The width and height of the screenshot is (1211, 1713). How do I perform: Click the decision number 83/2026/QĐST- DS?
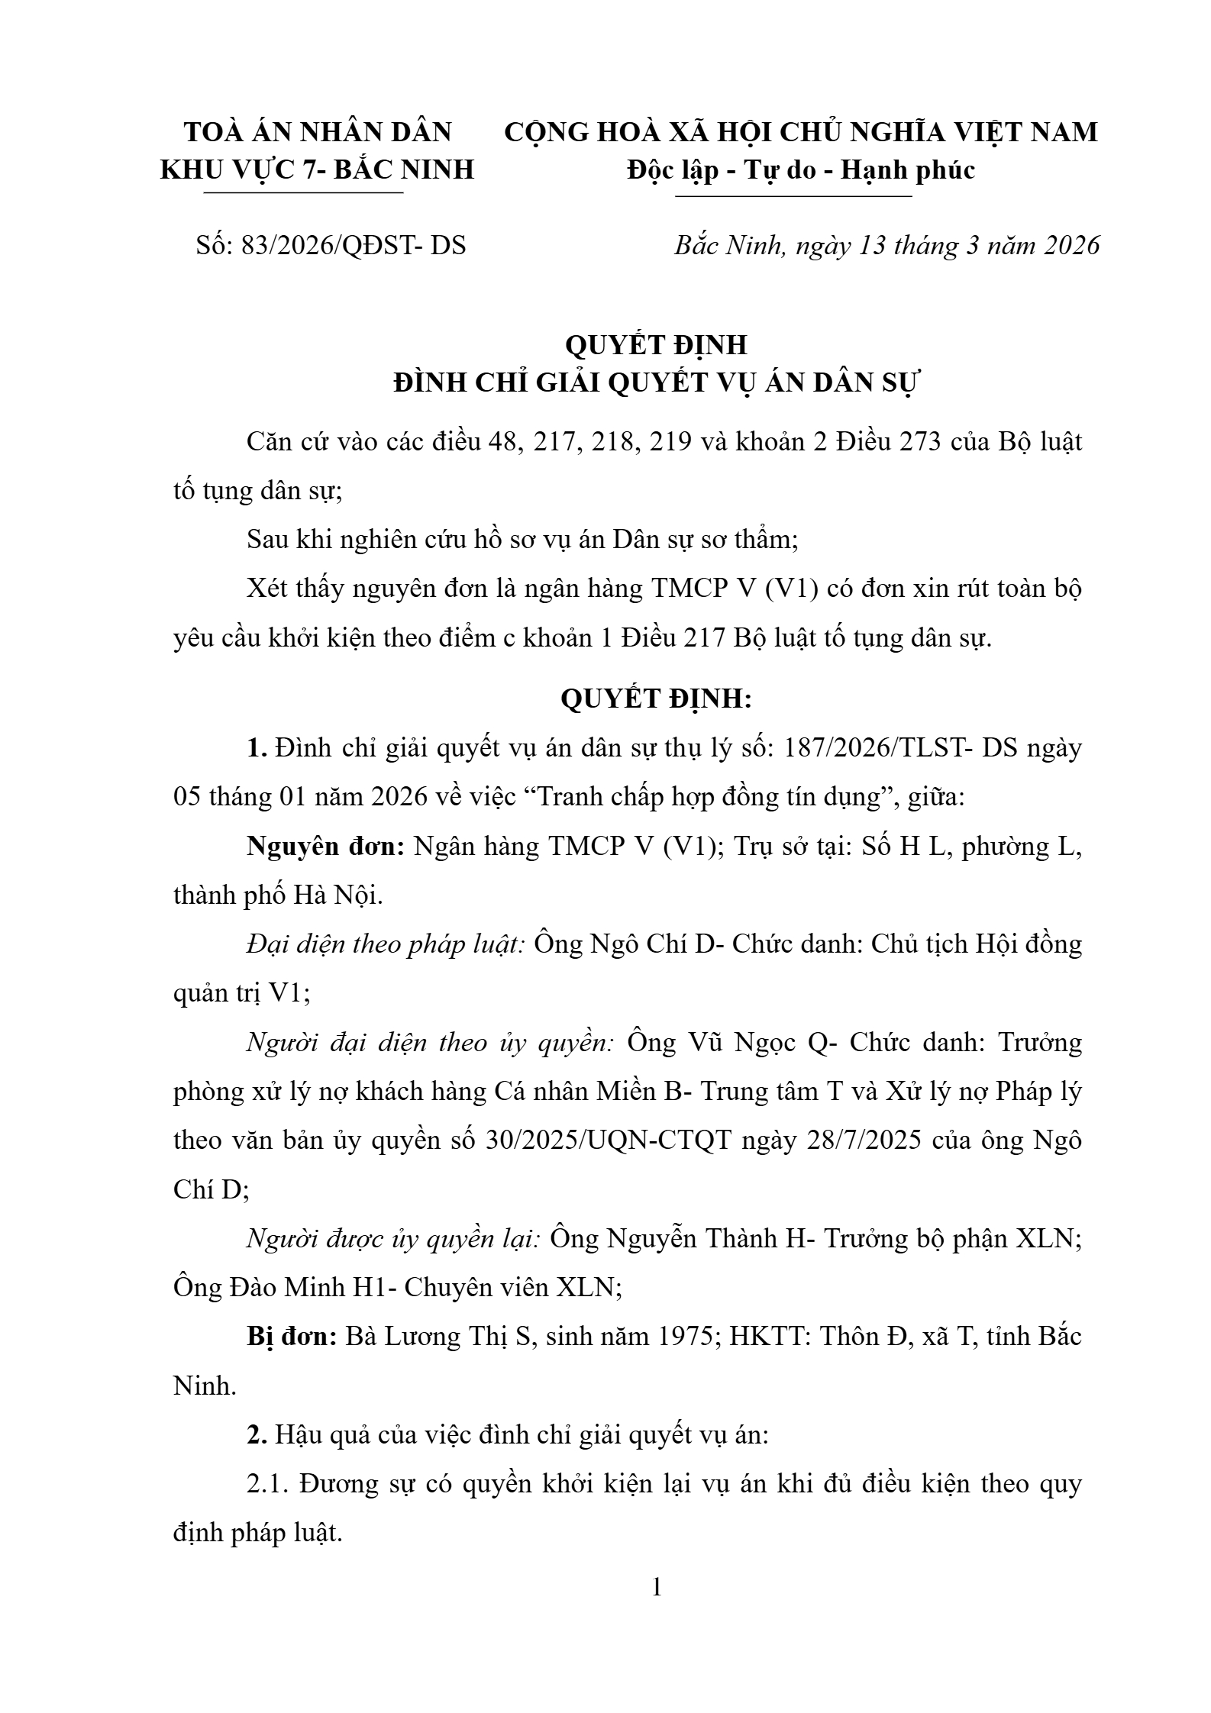(x=353, y=246)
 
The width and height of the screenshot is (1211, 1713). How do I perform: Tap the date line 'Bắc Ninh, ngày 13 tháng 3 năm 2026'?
(x=886, y=246)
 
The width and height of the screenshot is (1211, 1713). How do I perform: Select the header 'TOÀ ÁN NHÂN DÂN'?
(x=318, y=132)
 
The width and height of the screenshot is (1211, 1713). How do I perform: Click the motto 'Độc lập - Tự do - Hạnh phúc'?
(x=800, y=169)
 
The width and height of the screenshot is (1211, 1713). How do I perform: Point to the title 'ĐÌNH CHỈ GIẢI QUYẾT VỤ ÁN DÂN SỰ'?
(x=657, y=382)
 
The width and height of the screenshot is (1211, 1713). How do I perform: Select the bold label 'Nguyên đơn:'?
(x=325, y=847)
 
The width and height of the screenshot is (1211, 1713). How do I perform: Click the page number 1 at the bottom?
(x=657, y=1588)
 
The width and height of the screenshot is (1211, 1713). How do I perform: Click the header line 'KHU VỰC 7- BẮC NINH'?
(x=318, y=169)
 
